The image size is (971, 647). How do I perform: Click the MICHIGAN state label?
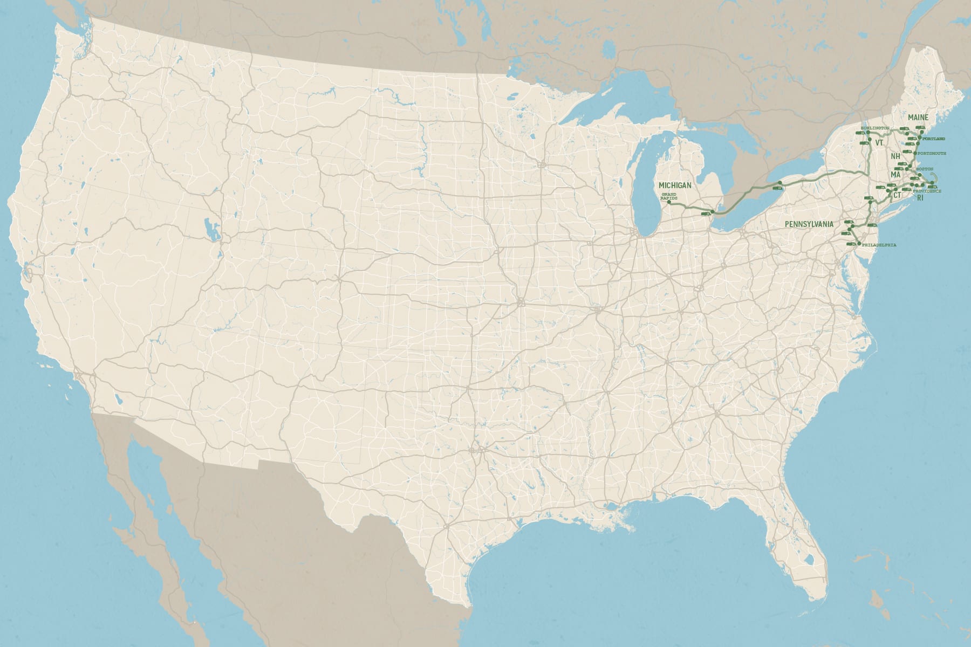pos(675,185)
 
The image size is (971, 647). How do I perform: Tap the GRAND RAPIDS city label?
pos(668,196)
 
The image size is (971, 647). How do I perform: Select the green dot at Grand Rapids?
pos(669,202)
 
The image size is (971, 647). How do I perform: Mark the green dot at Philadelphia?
pos(858,244)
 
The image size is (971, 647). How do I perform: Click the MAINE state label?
pos(918,117)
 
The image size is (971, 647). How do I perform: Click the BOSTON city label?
pos(925,169)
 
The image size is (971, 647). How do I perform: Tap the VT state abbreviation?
pos(879,143)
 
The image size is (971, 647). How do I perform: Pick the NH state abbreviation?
pos(895,156)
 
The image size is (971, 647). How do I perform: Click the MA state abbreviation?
pos(895,175)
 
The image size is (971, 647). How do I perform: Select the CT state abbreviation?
pos(897,195)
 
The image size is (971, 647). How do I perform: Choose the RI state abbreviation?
pos(920,198)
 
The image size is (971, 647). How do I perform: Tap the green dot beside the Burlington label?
pos(868,132)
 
